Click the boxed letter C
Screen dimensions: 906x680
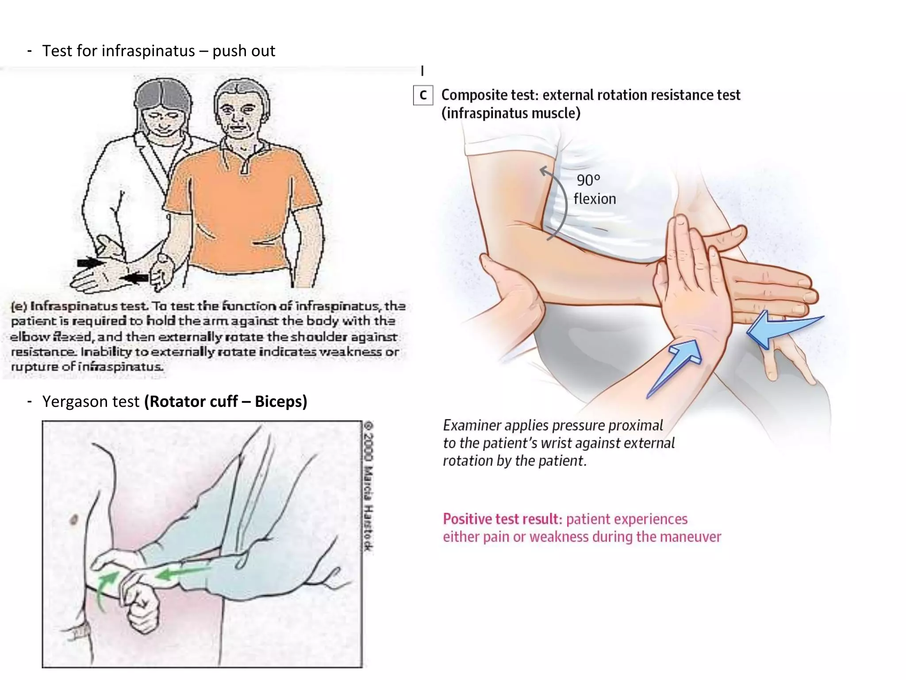point(423,95)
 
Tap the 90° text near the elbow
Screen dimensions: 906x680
point(588,180)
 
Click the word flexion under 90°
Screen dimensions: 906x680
point(595,199)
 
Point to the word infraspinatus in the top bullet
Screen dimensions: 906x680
point(148,51)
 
